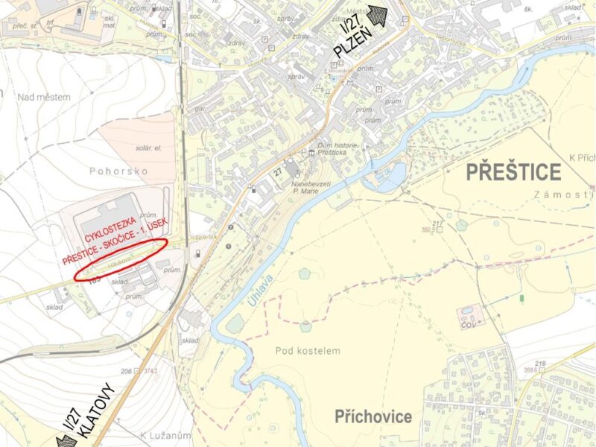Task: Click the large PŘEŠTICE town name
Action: click(x=513, y=173)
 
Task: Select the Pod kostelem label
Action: click(x=308, y=351)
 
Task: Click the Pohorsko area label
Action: click(x=119, y=171)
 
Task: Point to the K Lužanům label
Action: click(x=165, y=434)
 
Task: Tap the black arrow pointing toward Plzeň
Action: click(x=379, y=16)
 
